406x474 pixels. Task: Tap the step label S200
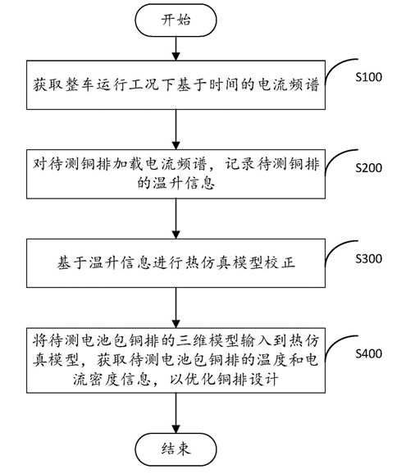coord(367,167)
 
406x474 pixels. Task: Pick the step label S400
coord(367,354)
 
